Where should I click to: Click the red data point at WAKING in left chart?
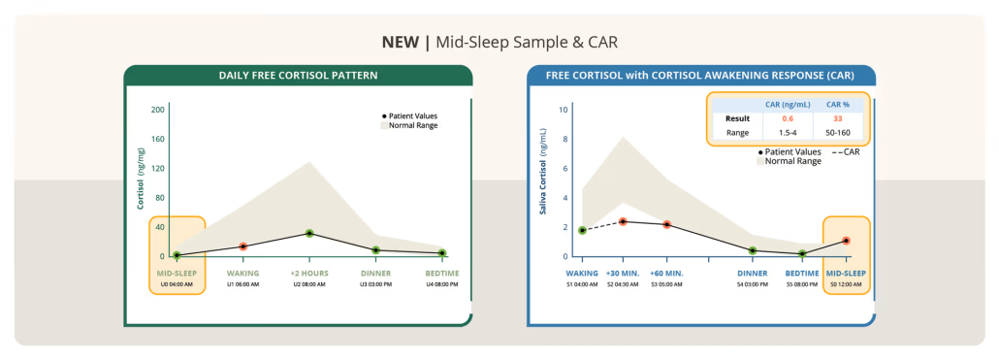242,246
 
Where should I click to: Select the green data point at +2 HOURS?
309,233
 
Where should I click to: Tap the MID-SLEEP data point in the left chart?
177,255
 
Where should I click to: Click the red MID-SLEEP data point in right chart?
846,241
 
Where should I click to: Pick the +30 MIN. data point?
623,222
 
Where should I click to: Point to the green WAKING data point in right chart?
582,230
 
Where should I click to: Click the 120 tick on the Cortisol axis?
157,168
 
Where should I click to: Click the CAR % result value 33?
838,118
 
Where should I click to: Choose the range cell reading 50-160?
838,134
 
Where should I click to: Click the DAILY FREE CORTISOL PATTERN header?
298,75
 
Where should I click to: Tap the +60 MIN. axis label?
666,274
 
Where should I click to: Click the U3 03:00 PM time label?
376,284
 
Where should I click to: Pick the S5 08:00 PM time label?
801,284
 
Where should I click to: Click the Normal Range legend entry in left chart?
409,125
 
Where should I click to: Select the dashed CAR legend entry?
846,152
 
